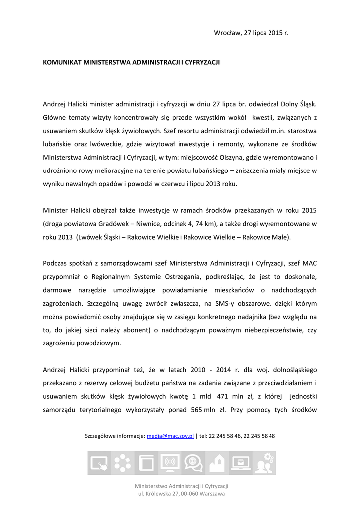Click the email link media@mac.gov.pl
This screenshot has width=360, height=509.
pos(170,436)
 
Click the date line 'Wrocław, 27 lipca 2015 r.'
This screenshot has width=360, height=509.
pos(251,33)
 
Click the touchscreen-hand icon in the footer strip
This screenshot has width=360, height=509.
pos(99,463)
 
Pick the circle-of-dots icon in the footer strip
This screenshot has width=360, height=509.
pos(122,463)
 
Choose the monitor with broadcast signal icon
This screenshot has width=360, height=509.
pos(170,463)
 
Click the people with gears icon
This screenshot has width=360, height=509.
pos(264,463)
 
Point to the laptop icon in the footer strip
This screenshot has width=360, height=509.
pos(241,463)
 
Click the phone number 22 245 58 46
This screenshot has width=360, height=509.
pos(229,436)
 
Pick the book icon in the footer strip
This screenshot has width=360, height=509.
pos(146,463)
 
